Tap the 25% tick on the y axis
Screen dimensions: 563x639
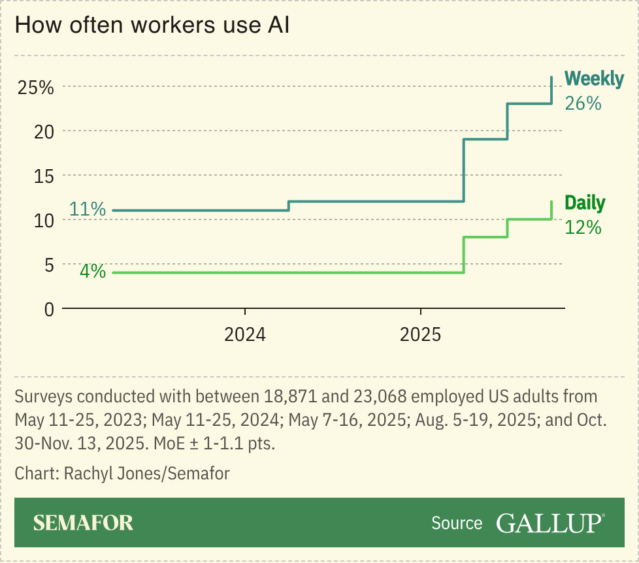click(35, 87)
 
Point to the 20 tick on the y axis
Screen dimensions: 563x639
click(43, 131)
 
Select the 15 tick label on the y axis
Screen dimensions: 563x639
click(43, 176)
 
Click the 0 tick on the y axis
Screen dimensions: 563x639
click(48, 309)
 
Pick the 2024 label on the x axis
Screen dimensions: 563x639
click(245, 335)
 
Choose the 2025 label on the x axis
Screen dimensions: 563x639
click(421, 335)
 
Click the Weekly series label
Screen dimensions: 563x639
click(594, 79)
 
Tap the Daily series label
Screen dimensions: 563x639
click(585, 203)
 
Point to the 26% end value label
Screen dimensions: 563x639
click(583, 103)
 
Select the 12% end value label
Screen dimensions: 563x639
click(583, 227)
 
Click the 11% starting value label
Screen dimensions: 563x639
click(88, 210)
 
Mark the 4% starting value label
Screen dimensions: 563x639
click(93, 271)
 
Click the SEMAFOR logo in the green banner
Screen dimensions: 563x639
click(83, 523)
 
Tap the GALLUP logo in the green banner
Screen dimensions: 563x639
click(549, 523)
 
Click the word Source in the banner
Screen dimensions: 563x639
click(457, 523)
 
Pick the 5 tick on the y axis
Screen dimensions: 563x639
click(48, 265)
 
